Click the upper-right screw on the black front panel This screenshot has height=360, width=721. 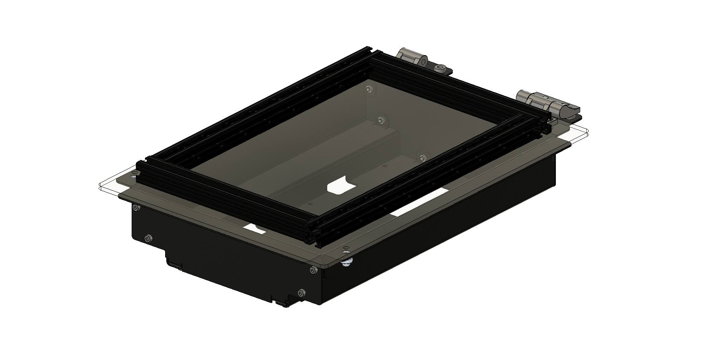pyautogui.click(x=313, y=270)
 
